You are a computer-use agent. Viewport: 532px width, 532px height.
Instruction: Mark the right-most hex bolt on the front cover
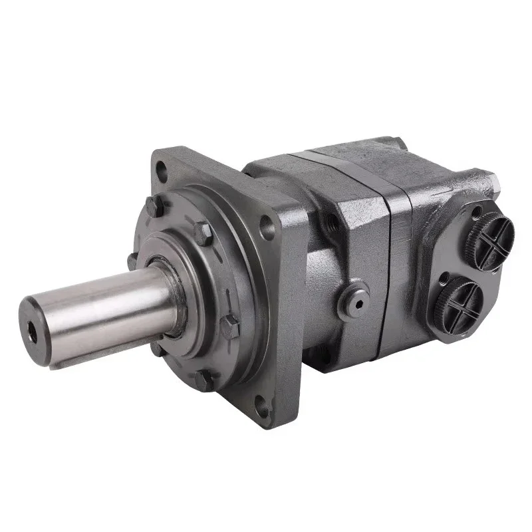click(231, 326)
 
